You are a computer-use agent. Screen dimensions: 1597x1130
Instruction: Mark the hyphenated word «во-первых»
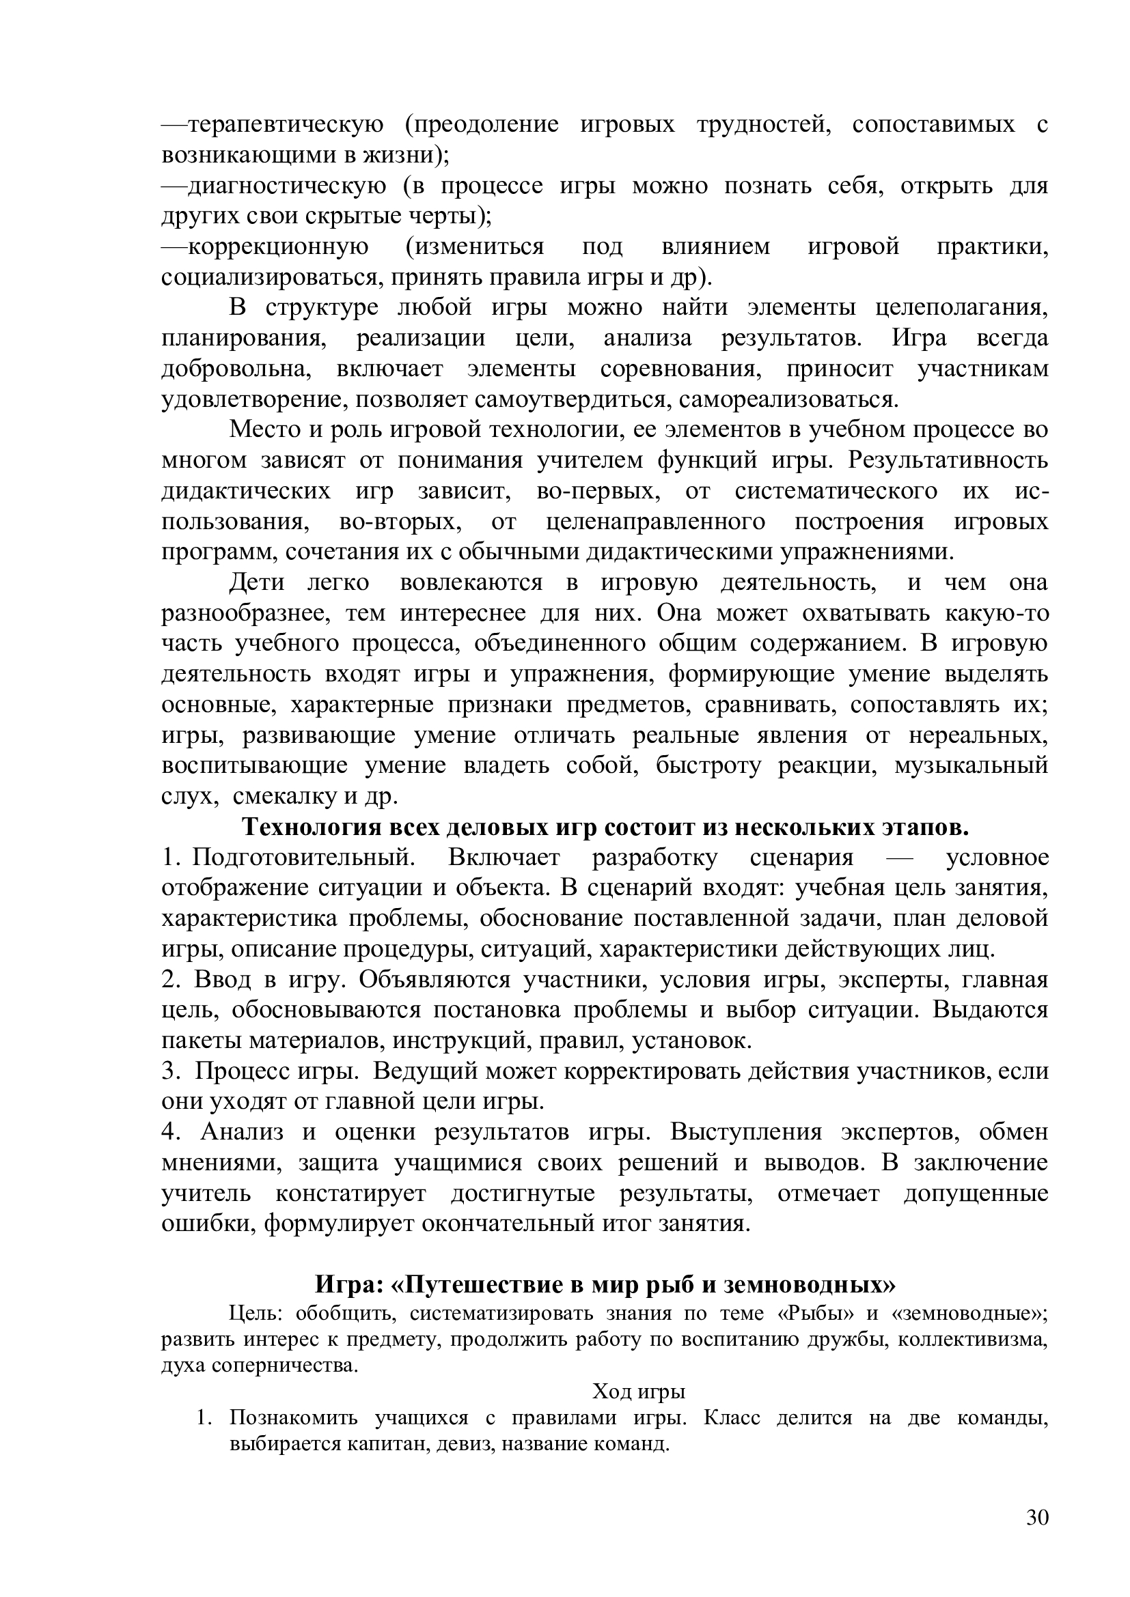pyautogui.click(x=598, y=491)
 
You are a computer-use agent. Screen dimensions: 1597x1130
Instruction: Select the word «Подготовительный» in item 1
pyautogui.click(x=303, y=858)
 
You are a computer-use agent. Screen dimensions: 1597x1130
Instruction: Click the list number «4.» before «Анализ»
pyautogui.click(x=171, y=1132)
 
